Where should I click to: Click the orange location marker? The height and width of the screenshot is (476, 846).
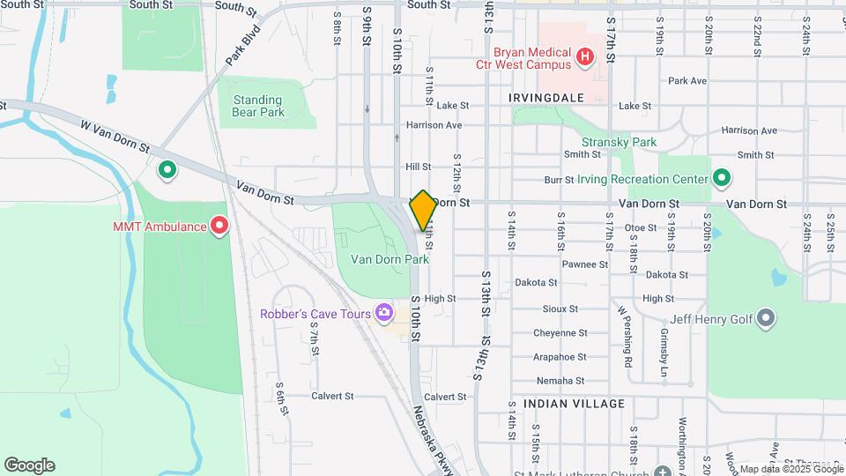click(x=423, y=210)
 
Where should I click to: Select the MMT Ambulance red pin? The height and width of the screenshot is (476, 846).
click(x=218, y=227)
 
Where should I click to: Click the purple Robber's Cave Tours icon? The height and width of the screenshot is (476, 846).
click(x=383, y=313)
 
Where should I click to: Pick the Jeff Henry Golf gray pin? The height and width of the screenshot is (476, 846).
click(x=765, y=318)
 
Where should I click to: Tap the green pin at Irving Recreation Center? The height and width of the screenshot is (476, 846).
click(x=722, y=179)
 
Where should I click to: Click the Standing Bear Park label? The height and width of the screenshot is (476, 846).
click(x=258, y=106)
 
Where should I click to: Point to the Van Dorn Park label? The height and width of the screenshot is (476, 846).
click(x=390, y=259)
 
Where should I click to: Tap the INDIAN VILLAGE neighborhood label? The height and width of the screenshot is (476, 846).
click(x=574, y=404)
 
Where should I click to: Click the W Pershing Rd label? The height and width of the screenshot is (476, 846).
click(x=626, y=336)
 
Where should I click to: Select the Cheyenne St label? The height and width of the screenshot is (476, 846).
click(x=560, y=333)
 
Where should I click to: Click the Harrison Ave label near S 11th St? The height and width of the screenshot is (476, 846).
click(x=434, y=125)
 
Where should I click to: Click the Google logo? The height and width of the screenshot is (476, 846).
click(x=29, y=465)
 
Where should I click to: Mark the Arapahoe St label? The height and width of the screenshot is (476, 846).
click(x=560, y=357)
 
